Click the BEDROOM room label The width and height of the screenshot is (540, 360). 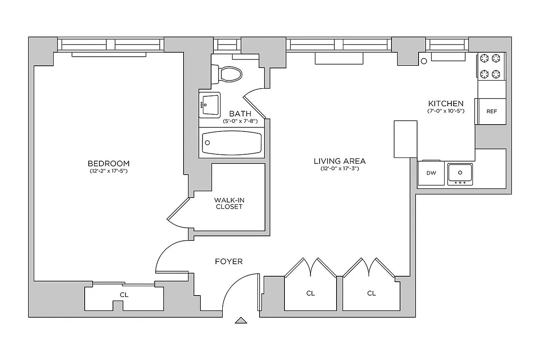click(x=108, y=163)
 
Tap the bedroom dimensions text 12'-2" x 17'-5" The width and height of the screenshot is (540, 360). click(x=108, y=171)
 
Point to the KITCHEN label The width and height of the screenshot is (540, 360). click(x=445, y=103)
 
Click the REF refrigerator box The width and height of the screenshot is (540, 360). click(x=491, y=111)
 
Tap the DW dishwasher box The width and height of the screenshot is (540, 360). click(x=431, y=173)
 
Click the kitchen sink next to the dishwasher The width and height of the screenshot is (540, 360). click(x=460, y=173)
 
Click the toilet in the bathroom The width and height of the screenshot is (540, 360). click(x=229, y=74)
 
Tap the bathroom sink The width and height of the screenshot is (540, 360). click(x=210, y=105)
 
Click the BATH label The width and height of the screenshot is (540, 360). click(x=240, y=114)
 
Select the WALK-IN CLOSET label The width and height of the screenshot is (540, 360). click(x=229, y=203)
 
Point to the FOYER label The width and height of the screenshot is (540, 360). click(x=229, y=261)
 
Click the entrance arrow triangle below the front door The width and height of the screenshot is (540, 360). click(x=242, y=320)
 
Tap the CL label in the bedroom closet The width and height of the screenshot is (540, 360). click(x=124, y=295)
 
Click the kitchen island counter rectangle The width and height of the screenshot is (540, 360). click(x=405, y=139)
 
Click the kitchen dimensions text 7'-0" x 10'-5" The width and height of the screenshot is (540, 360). click(x=445, y=111)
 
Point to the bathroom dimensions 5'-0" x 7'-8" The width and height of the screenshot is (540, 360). click(x=240, y=121)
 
